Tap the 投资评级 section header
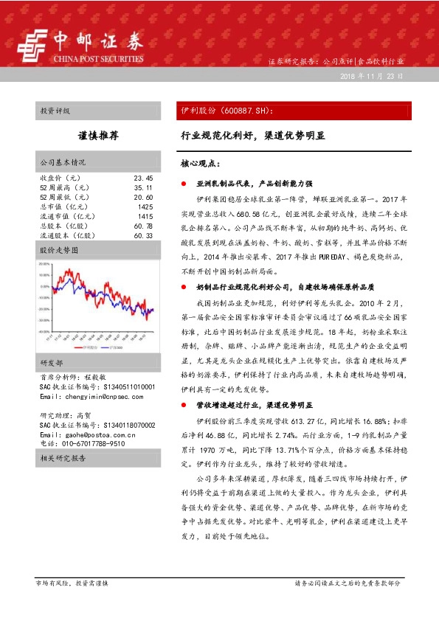[55, 111]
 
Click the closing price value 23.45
[143, 178]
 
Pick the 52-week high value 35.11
[143, 188]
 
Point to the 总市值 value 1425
[145, 207]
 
